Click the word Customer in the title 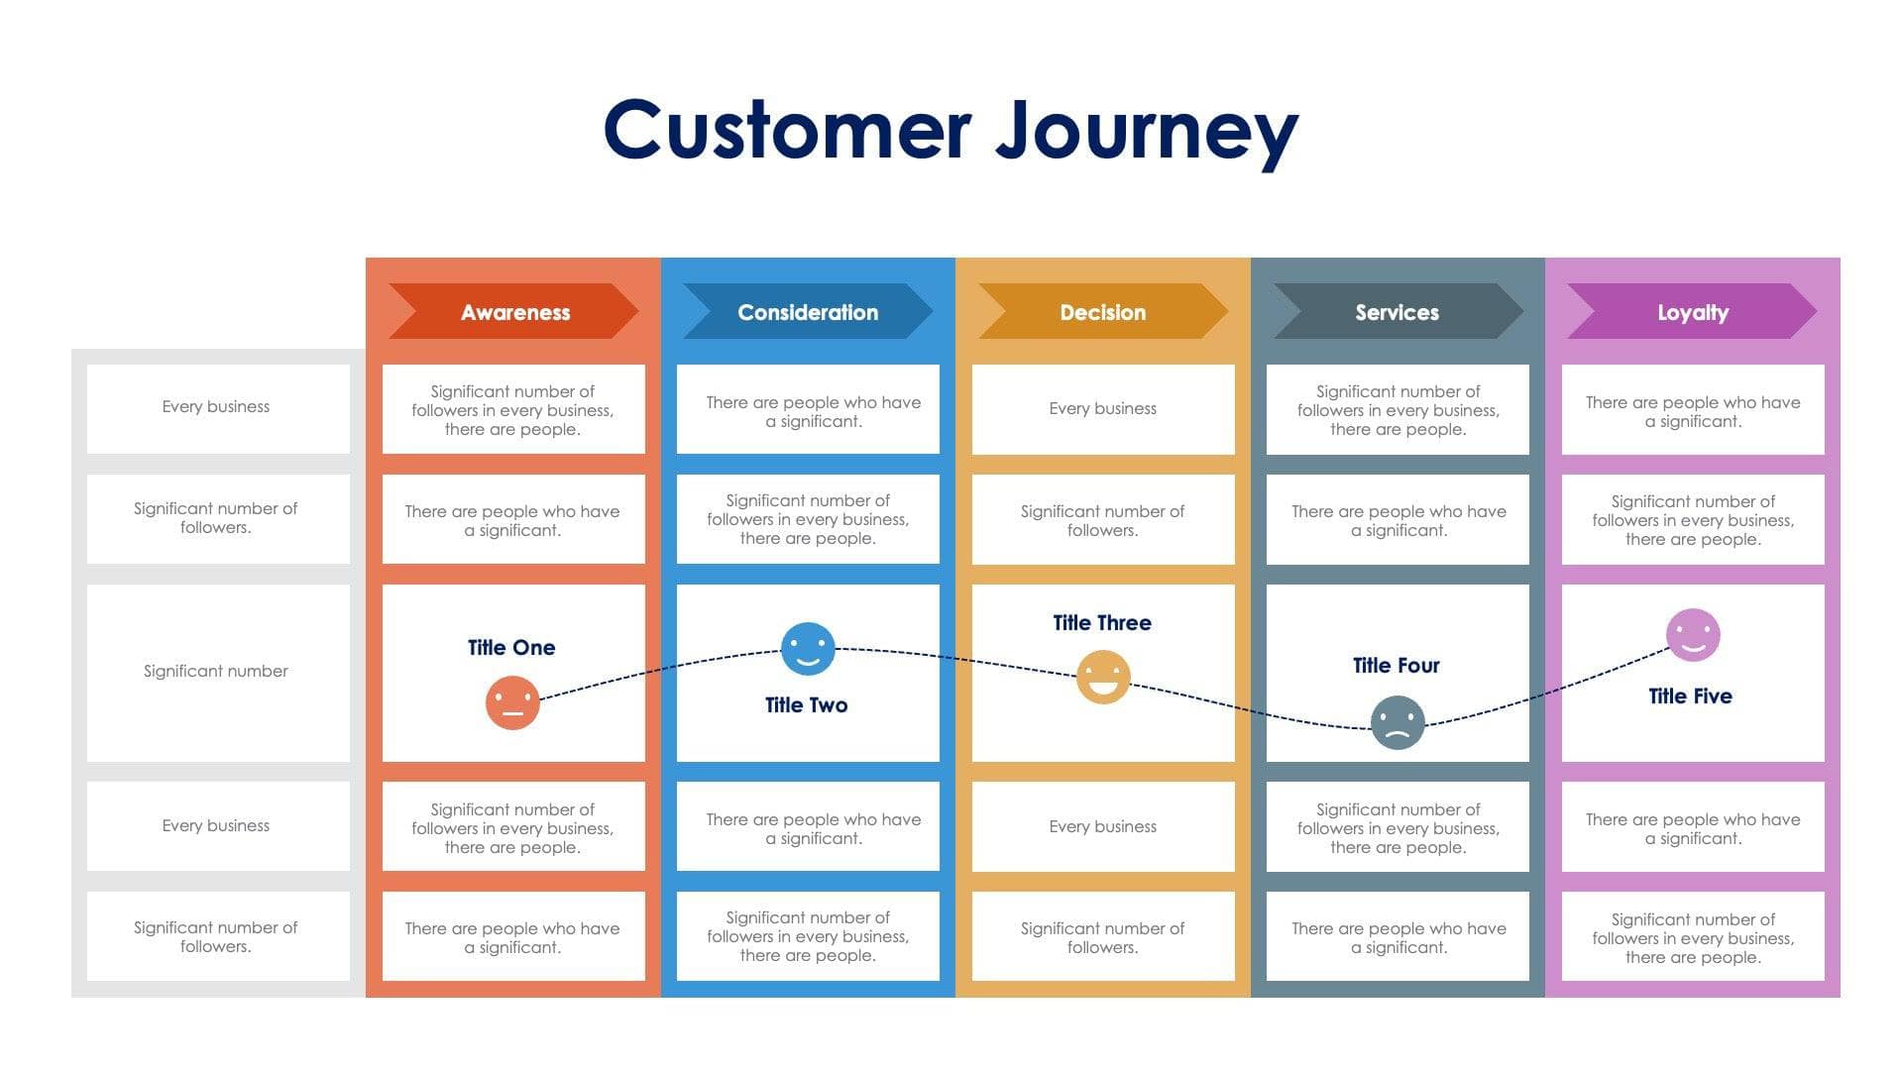click(787, 130)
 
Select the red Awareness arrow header click(514, 312)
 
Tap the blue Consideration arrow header click(808, 312)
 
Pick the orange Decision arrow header click(1102, 312)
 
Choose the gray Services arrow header click(1397, 312)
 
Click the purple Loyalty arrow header click(1692, 312)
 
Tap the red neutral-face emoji click(512, 702)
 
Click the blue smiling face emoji click(808, 649)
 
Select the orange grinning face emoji click(1103, 677)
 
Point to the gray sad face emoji click(1398, 722)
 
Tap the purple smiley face click(1693, 635)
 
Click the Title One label click(511, 648)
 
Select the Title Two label click(807, 705)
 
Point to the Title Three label click(1102, 623)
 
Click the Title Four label click(1396, 666)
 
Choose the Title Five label click(1690, 696)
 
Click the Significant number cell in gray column click(216, 672)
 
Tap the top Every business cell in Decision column click(1102, 409)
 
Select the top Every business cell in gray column click(216, 407)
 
